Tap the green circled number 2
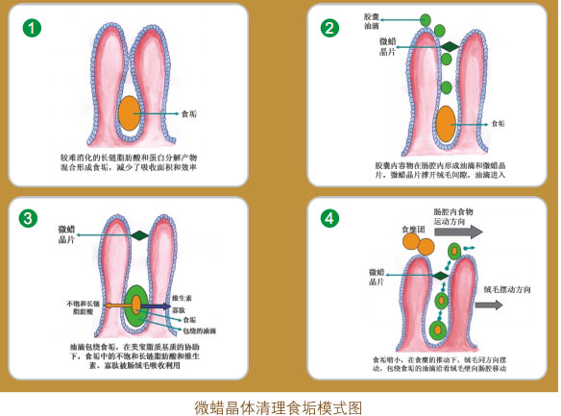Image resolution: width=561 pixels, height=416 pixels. point(329,27)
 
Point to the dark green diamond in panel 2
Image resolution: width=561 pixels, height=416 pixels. point(447,46)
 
